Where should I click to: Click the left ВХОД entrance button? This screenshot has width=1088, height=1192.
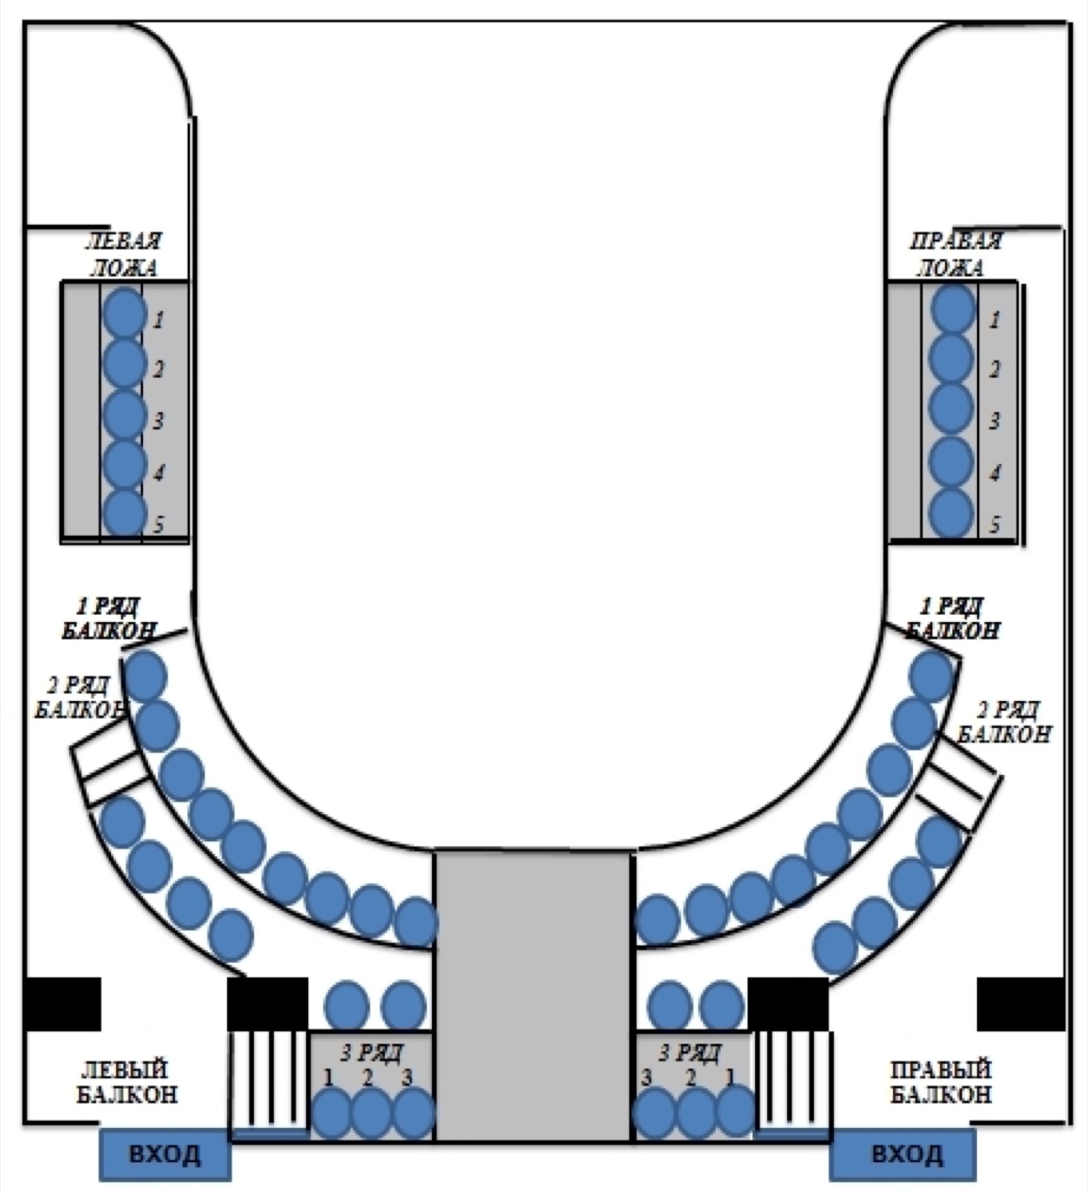(165, 1154)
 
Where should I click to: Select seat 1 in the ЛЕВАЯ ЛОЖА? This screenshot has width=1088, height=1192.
(124, 313)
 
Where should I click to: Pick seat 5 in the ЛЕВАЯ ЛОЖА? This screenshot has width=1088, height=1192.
(124, 513)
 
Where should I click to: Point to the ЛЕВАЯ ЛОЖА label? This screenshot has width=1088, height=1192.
(124, 254)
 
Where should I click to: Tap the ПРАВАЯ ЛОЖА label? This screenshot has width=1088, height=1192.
(955, 254)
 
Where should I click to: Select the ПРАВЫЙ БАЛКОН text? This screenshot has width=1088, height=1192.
(941, 1082)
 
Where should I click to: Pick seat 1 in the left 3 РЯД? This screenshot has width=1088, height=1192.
(331, 1113)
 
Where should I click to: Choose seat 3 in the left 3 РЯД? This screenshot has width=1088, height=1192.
(413, 1113)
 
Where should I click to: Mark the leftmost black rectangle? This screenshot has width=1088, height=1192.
(62, 1004)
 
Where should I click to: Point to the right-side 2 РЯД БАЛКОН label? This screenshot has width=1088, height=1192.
(1004, 721)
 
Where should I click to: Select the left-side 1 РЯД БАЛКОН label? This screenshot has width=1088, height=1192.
(109, 618)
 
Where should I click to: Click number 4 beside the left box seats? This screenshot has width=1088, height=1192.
(159, 472)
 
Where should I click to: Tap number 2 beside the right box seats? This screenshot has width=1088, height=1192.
(995, 370)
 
